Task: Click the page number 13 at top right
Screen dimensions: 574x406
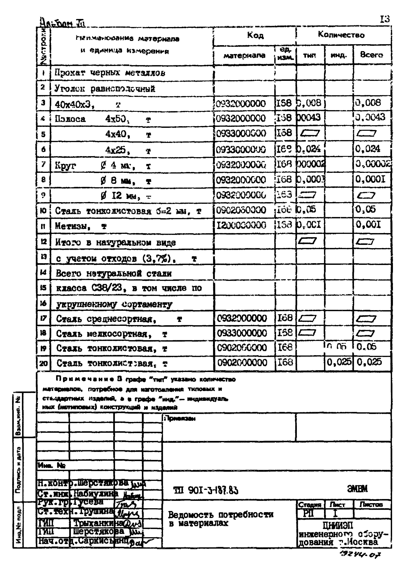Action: (385, 19)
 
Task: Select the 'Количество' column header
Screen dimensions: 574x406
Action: (341, 35)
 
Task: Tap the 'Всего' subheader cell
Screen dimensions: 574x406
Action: (371, 55)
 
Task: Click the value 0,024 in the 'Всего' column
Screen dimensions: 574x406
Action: (368, 149)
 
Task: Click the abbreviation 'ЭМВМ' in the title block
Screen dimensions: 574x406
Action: (357, 489)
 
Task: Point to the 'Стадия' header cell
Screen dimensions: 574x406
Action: (310, 504)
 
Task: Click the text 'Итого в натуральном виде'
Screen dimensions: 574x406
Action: (115, 243)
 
